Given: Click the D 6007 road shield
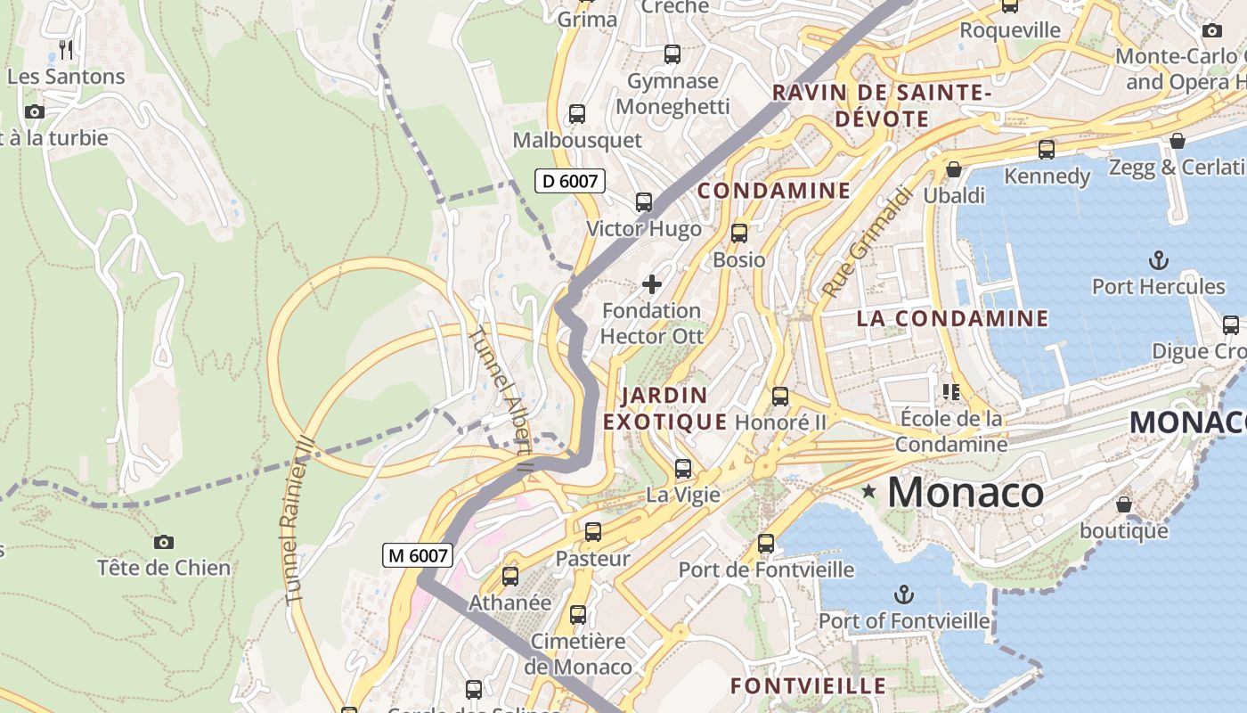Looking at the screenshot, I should click(570, 181).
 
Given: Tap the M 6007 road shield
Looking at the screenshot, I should click(419, 555).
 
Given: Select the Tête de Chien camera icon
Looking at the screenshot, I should click(164, 542).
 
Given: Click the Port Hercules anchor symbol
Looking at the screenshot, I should click(1158, 260).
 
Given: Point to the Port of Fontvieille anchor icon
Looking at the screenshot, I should click(904, 594).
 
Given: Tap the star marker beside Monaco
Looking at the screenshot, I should click(868, 491).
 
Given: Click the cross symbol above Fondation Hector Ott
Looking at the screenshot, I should click(652, 284).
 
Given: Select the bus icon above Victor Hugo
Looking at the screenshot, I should click(644, 202).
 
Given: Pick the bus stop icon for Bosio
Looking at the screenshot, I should click(739, 234).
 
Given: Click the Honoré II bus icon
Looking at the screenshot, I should click(780, 397).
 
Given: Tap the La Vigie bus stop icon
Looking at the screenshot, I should click(683, 468).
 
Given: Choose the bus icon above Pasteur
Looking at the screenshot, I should click(593, 532).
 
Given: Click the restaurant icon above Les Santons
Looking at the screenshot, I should click(66, 49).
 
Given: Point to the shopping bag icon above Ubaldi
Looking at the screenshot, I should click(954, 168).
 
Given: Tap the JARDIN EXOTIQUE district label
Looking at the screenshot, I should click(665, 408).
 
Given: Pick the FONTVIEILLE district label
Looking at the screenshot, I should click(808, 685).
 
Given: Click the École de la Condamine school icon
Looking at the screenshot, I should click(951, 391).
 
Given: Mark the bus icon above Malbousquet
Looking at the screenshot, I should click(577, 114).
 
